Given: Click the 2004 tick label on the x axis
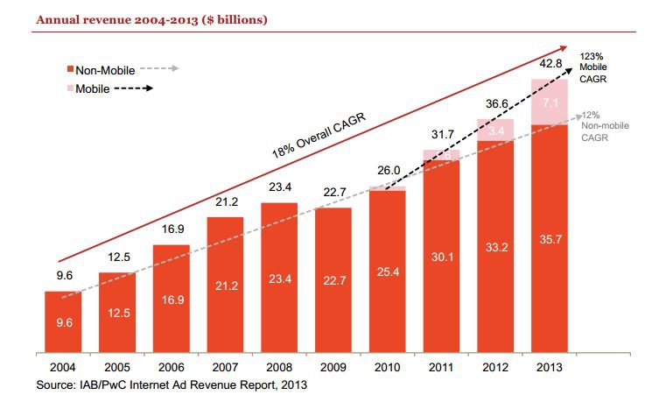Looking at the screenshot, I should [62, 368].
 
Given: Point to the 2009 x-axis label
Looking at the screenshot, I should [333, 368].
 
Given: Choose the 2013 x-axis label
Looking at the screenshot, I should [550, 368].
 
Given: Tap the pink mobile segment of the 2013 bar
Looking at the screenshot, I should [550, 101].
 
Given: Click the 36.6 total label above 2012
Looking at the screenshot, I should [495, 103].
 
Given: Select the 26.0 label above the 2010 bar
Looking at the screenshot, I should [387, 172].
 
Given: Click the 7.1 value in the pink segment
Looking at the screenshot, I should [550, 103].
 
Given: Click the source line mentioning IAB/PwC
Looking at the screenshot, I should [171, 384].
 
